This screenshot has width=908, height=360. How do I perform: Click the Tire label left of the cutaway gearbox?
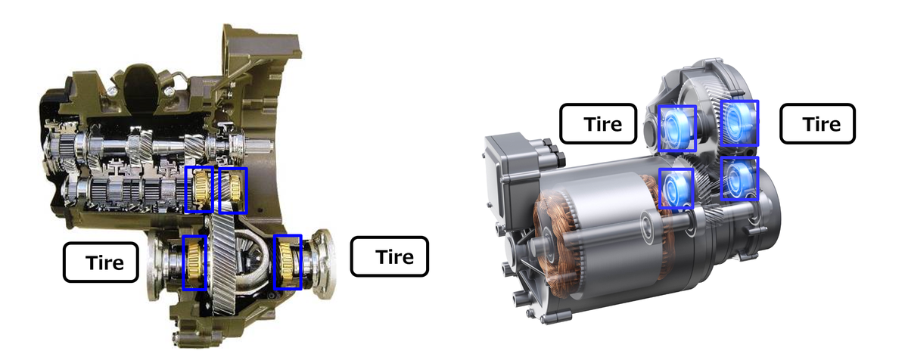(x=101, y=262)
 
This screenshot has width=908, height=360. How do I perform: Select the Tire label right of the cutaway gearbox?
(x=390, y=256)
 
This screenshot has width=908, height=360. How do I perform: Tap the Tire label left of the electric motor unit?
(x=599, y=123)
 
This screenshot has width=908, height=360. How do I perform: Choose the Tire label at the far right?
(x=817, y=123)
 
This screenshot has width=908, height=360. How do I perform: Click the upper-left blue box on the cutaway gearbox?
(x=200, y=190)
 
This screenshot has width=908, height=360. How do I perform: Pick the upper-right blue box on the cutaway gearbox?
(x=233, y=190)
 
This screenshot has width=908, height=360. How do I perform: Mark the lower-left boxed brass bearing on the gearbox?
(x=194, y=262)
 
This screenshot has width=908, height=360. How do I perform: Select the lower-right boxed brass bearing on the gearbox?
(x=288, y=262)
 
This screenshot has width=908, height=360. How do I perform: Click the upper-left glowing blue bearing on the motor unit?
(x=676, y=128)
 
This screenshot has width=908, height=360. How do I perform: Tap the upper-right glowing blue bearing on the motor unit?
(x=739, y=123)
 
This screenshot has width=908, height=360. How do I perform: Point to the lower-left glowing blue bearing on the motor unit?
(x=676, y=188)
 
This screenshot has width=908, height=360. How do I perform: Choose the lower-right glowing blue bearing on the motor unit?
(x=739, y=178)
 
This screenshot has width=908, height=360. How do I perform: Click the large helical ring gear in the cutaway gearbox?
(x=226, y=265)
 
